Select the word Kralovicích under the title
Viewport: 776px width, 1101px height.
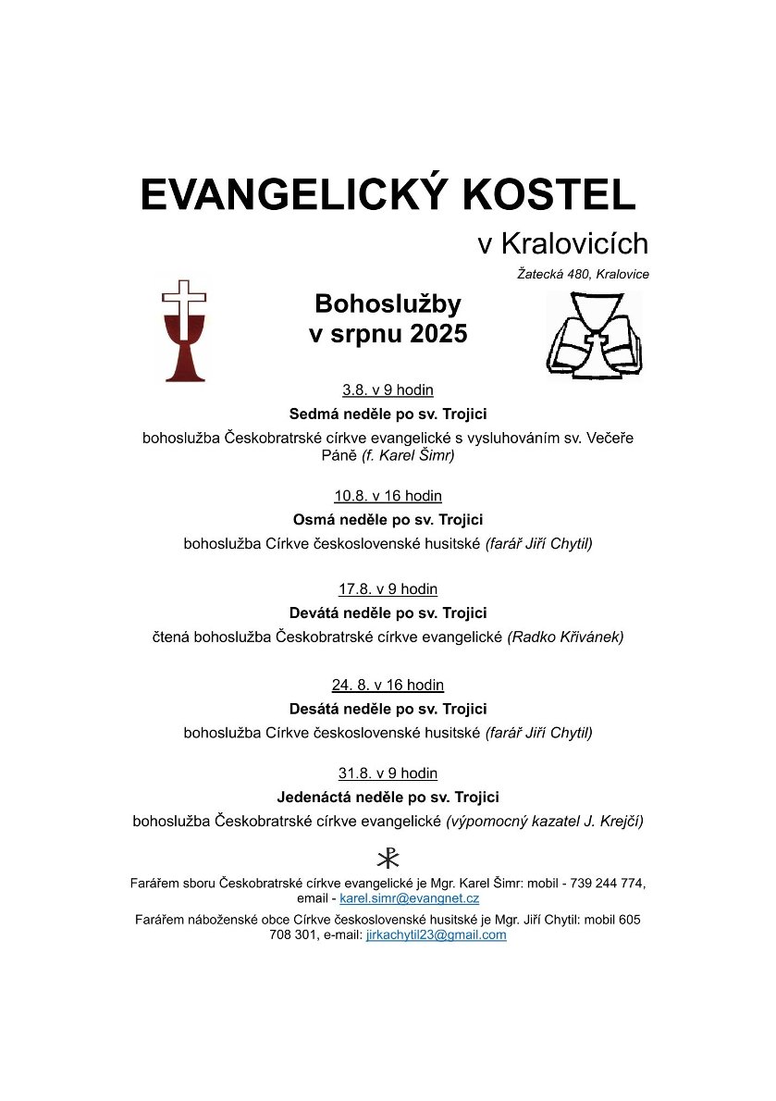click(x=574, y=243)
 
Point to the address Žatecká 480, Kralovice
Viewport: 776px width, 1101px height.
click(x=583, y=274)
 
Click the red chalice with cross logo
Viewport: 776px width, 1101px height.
click(x=184, y=330)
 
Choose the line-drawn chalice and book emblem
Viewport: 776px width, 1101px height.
click(x=594, y=335)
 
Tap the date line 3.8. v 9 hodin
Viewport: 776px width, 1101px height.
click(x=388, y=390)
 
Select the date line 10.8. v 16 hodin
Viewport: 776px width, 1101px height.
click(x=388, y=496)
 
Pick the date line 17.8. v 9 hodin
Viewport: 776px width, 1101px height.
click(x=388, y=589)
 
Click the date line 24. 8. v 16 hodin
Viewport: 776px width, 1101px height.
click(x=388, y=686)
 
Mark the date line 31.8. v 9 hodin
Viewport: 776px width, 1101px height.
click(x=388, y=773)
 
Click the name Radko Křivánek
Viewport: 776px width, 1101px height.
click(x=566, y=637)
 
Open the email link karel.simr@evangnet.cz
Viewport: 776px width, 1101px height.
click(x=409, y=898)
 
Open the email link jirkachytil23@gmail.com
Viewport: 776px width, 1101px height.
click(x=436, y=934)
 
